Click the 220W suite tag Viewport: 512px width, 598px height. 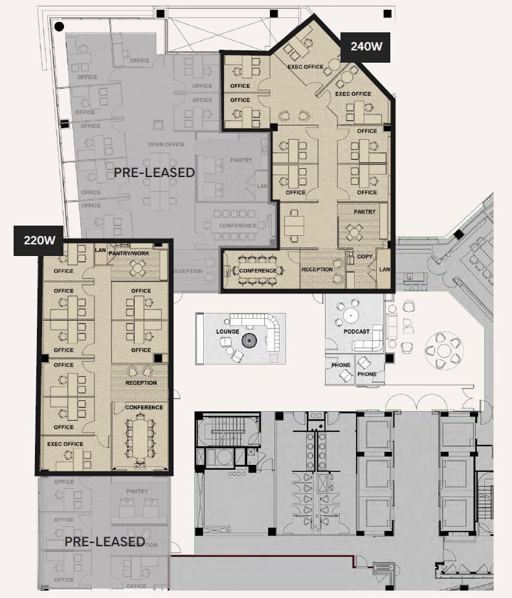coord(39,240)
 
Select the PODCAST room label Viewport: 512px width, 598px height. coord(357,332)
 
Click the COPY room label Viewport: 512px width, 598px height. coord(364,257)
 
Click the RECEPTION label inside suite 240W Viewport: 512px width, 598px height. coord(317,270)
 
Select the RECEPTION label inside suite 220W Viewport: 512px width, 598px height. coord(141,383)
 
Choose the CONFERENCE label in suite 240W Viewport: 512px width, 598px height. coord(258,271)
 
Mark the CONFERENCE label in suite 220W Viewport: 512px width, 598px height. coord(144,407)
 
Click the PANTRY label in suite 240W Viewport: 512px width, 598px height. coord(364,212)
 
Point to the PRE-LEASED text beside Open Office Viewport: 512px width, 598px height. coord(154,173)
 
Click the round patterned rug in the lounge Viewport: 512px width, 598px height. coord(250,340)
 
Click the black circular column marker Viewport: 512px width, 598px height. coord(59,27)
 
